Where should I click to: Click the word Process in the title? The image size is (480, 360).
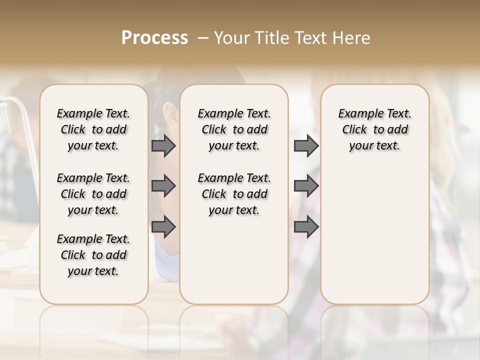(x=154, y=38)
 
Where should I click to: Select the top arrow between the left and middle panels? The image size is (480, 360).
(x=163, y=146)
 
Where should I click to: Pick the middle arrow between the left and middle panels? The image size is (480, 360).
(x=163, y=186)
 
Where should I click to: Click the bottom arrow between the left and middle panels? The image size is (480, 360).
(x=163, y=227)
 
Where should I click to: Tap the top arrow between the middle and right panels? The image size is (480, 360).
(x=306, y=146)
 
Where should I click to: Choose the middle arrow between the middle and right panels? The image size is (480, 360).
(x=306, y=186)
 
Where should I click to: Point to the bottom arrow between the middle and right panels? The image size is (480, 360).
(x=306, y=227)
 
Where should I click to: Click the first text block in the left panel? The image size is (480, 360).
(x=93, y=129)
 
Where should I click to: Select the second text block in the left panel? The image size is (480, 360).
(x=93, y=194)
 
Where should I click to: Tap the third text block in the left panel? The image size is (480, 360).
(x=93, y=255)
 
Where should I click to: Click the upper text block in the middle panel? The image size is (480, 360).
(x=234, y=129)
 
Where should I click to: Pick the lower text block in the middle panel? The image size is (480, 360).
(x=234, y=194)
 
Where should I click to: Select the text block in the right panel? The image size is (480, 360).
(x=375, y=129)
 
